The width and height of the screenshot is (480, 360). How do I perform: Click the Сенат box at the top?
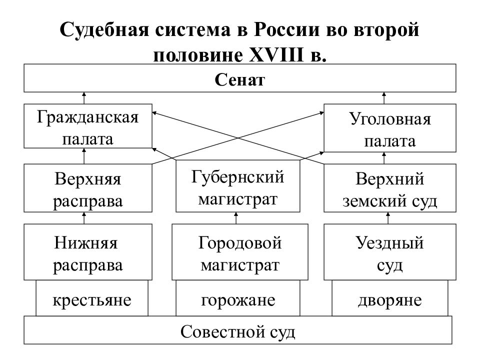click(239, 78)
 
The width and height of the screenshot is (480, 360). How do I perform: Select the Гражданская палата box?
click(88, 126)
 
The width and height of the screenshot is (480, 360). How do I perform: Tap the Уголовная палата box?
click(390, 128)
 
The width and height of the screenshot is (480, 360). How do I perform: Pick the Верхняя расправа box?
click(88, 188)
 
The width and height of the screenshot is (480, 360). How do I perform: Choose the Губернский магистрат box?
click(238, 186)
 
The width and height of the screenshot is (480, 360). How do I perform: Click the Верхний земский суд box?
click(390, 188)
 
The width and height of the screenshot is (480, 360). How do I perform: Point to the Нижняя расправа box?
click(88, 252)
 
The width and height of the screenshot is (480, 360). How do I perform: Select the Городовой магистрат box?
click(240, 252)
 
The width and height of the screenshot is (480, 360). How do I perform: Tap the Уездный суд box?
click(390, 252)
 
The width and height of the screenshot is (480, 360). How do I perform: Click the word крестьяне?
click(92, 300)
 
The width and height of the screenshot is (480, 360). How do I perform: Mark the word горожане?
click(238, 300)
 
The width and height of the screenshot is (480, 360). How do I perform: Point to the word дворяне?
click(389, 300)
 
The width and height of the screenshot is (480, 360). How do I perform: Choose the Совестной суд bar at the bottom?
click(238, 330)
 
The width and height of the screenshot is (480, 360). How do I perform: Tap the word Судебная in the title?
click(104, 30)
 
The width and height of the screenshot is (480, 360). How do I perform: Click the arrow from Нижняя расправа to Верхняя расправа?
click(84, 218)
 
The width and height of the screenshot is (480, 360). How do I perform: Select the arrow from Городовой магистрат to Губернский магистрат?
click(235, 218)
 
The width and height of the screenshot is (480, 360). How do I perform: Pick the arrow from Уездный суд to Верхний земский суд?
click(388, 218)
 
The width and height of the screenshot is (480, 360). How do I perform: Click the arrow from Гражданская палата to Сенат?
click(84, 98)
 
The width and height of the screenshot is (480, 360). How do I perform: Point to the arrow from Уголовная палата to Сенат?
click(384, 98)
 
